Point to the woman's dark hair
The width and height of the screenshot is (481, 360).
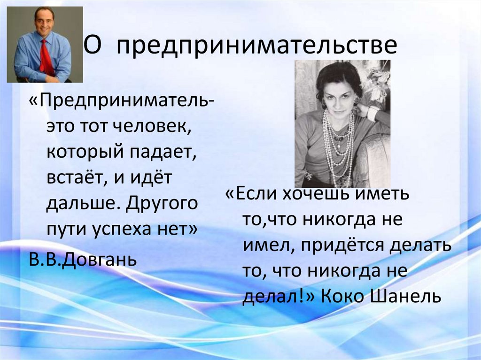(x=338, y=75)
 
